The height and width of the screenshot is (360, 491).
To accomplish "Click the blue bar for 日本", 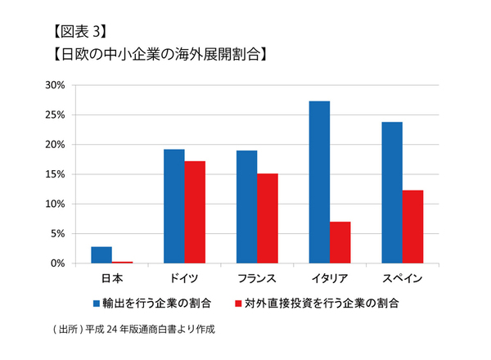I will point(101,255).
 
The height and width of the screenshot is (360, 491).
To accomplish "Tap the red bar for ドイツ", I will point(194,213).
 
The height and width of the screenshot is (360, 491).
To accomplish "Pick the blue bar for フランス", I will point(246,207).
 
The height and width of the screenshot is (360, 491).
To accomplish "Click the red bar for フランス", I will point(268,218).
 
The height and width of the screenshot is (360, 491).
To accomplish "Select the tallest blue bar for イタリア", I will point(319,182).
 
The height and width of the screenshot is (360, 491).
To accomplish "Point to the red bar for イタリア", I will point(340,243).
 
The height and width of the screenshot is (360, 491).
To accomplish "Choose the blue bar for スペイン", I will point(392,193).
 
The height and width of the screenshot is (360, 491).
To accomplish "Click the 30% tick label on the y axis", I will point(55,85).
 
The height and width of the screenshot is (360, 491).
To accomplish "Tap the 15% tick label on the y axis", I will point(55,174).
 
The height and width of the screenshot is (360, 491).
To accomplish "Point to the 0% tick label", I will point(57,263).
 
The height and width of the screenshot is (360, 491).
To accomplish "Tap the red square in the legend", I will point(240,304).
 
